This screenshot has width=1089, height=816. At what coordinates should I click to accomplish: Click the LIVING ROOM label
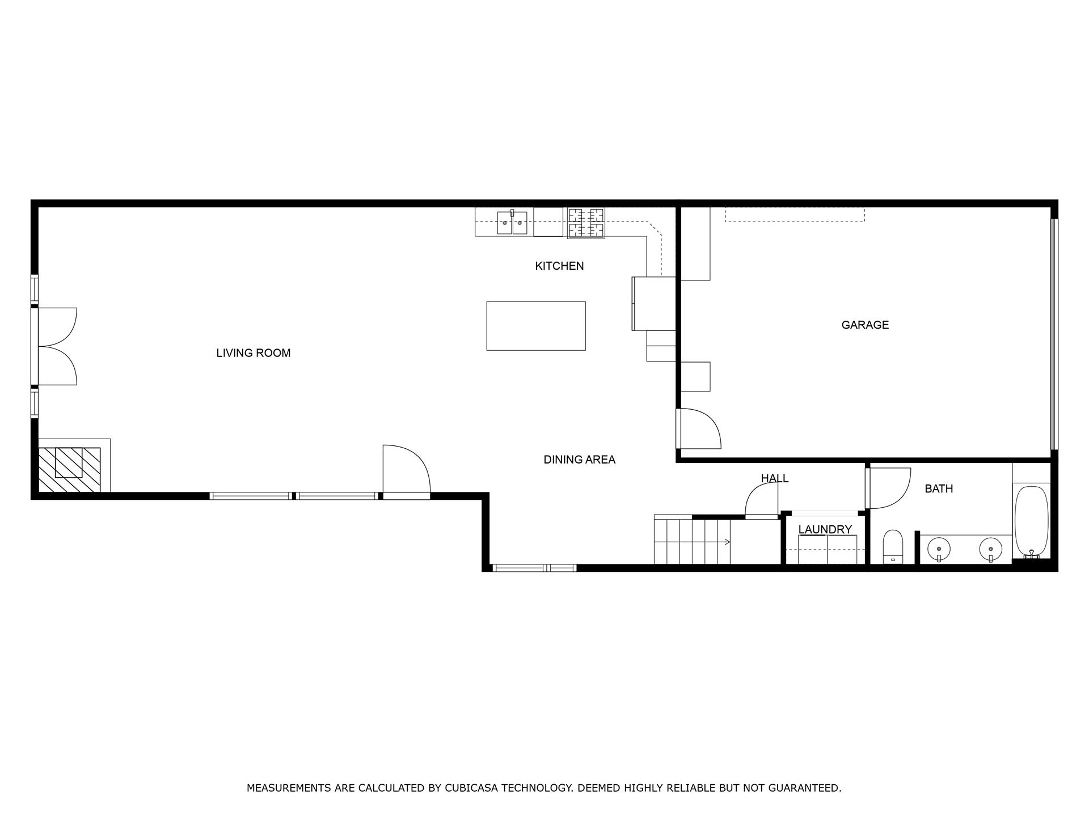(x=253, y=353)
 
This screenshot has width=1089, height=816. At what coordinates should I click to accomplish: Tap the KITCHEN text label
(x=559, y=266)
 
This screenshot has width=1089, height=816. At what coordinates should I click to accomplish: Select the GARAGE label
(x=864, y=325)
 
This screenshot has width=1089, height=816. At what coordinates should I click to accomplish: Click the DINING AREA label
(x=579, y=460)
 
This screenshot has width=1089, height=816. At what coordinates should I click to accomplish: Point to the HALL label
(x=774, y=478)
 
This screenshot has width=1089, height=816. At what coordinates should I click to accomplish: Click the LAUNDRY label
(x=825, y=529)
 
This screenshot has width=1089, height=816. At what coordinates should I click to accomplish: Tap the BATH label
(x=938, y=488)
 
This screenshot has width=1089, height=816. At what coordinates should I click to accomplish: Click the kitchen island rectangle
(x=535, y=326)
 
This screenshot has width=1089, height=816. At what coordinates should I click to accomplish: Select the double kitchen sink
(x=512, y=223)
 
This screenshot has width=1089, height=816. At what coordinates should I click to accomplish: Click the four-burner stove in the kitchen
(x=586, y=223)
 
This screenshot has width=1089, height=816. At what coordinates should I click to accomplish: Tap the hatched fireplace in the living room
(x=69, y=469)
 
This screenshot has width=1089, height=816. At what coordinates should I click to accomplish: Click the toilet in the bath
(x=893, y=546)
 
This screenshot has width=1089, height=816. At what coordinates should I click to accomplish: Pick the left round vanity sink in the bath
(x=939, y=549)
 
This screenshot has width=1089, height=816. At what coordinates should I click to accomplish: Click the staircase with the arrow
(x=692, y=542)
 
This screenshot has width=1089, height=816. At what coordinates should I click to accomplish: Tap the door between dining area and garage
(x=699, y=429)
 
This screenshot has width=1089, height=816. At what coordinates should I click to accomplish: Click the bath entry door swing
(x=888, y=487)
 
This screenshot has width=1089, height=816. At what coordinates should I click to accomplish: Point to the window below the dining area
(x=534, y=567)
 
